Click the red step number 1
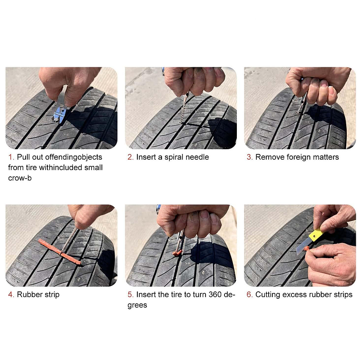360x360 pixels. click(x=10, y=157)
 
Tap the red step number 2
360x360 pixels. click(x=130, y=157)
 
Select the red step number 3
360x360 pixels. click(x=249, y=157)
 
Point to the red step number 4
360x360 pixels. click(x=10, y=295)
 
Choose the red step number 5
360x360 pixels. click(x=130, y=295)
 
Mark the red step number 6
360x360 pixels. click(x=249, y=295)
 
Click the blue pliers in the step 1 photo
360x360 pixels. click(x=60, y=113)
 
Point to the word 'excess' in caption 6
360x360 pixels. click(x=297, y=295)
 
